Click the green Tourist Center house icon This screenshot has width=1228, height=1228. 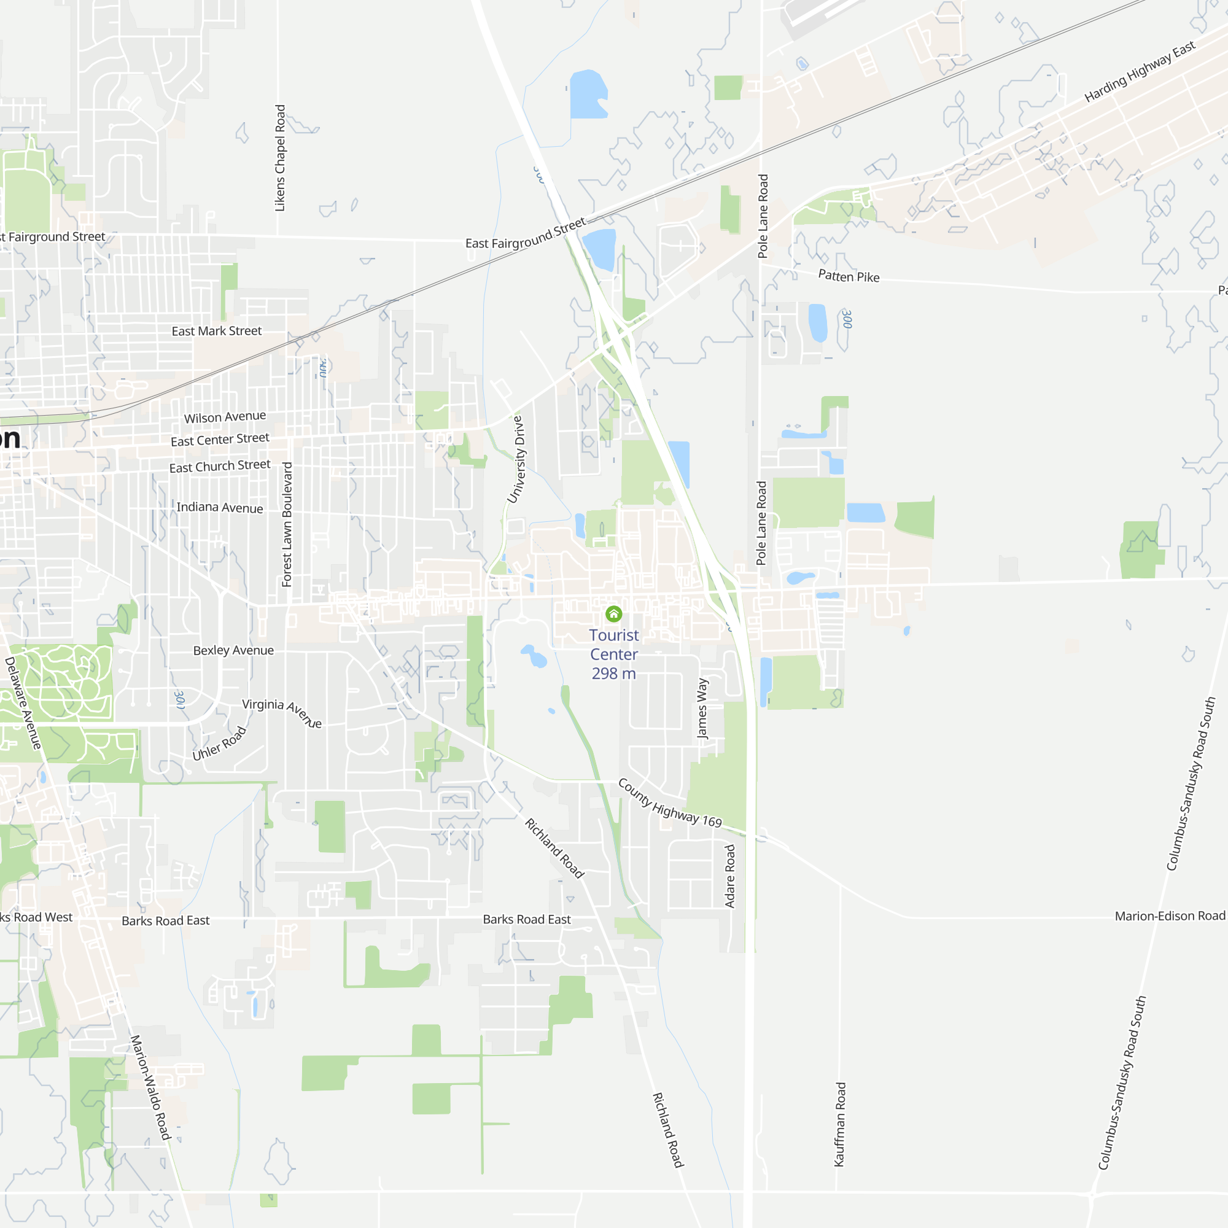[613, 614]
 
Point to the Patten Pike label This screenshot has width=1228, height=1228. [849, 276]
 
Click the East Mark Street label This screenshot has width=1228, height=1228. [216, 331]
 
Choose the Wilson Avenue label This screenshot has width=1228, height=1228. [225, 417]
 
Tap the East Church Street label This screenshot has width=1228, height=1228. [219, 467]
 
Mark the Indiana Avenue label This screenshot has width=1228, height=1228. [219, 507]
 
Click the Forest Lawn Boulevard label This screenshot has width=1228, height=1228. [287, 524]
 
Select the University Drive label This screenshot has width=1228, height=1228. [517, 459]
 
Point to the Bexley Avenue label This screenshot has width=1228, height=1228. [233, 650]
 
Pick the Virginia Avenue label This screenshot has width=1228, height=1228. [282, 712]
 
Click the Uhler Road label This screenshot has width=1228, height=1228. [219, 743]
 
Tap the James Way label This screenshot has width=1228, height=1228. [702, 708]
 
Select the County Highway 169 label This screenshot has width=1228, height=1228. [670, 803]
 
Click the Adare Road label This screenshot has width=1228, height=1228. [729, 876]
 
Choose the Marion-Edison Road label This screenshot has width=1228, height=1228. [1170, 916]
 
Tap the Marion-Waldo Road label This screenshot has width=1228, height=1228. [150, 1087]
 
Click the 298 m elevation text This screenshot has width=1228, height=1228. [613, 673]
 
